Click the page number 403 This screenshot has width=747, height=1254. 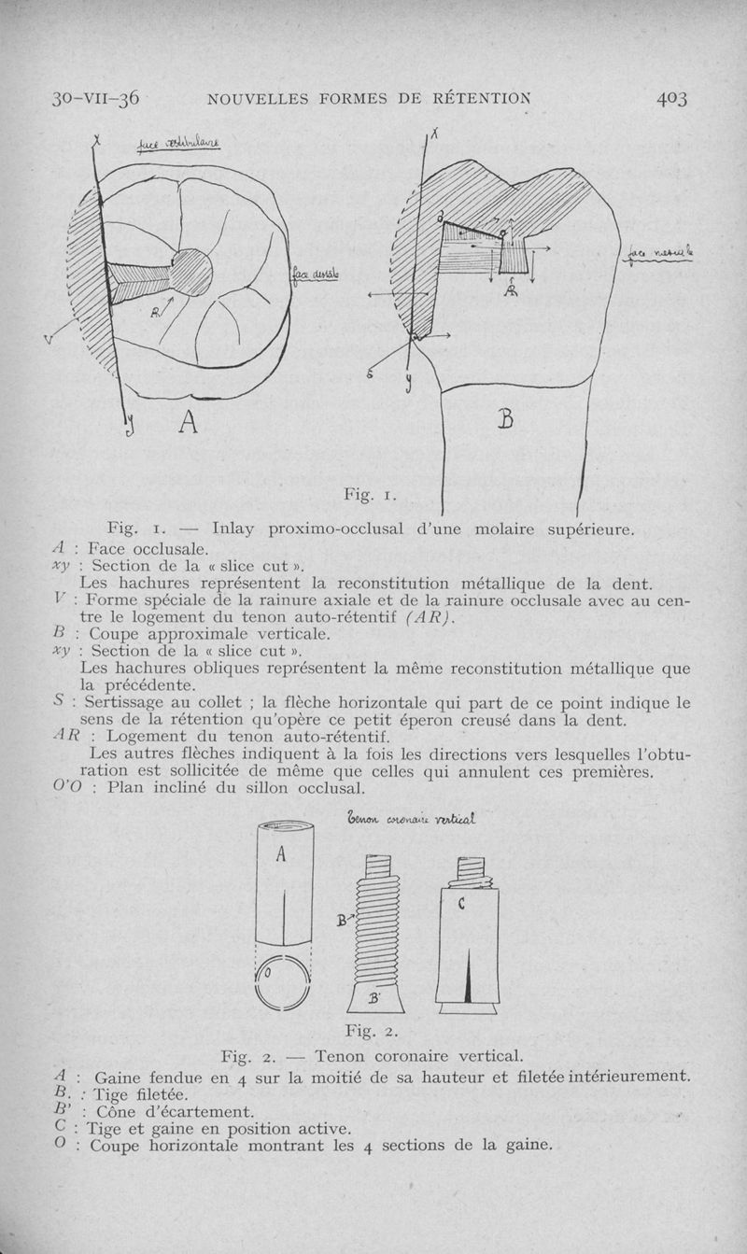[671, 97]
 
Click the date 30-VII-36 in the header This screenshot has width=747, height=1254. [95, 97]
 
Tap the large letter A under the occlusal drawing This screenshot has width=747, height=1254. [187, 423]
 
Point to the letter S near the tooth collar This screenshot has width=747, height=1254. [370, 373]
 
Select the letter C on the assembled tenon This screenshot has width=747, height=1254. [462, 904]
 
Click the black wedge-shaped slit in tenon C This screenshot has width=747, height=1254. [466, 977]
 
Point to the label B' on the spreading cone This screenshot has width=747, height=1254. [373, 998]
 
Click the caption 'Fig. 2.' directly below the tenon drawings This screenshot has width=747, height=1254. [372, 1032]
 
